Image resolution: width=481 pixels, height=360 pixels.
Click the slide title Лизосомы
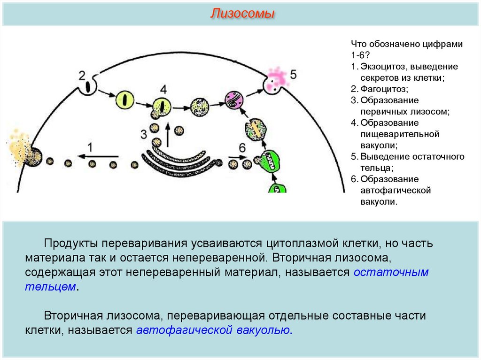(x=242, y=14)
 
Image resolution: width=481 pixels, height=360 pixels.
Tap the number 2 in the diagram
(x=82, y=75)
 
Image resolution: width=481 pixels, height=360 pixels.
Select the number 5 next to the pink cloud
(x=294, y=74)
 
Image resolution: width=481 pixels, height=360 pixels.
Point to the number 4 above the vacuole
(x=163, y=89)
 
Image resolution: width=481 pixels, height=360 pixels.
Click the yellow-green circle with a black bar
(x=125, y=100)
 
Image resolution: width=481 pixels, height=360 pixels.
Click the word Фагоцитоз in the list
(x=384, y=89)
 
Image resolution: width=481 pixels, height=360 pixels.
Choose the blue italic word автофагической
(x=184, y=329)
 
